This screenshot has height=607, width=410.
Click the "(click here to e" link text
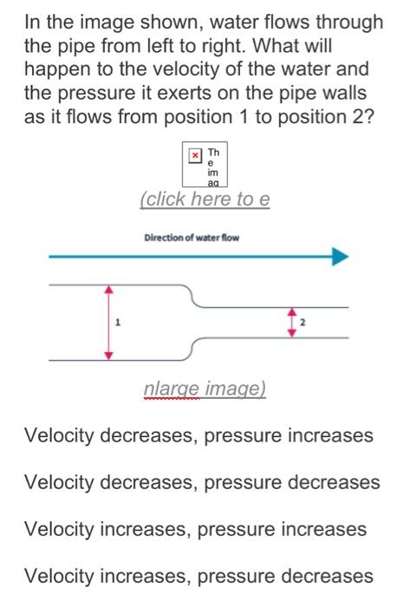coord(205,199)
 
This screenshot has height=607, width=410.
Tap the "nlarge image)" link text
coord(205,390)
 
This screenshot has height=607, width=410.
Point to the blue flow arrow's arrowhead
coord(340,257)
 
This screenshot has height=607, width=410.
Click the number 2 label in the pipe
coord(303,323)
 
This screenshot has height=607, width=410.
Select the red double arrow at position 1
coord(108,322)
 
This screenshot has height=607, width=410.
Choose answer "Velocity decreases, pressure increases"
coord(199,435)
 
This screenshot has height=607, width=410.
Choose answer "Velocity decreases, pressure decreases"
coord(202,482)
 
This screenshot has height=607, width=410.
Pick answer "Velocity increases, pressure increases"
coord(196,529)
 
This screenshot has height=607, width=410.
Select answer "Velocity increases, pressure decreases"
coord(198,576)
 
